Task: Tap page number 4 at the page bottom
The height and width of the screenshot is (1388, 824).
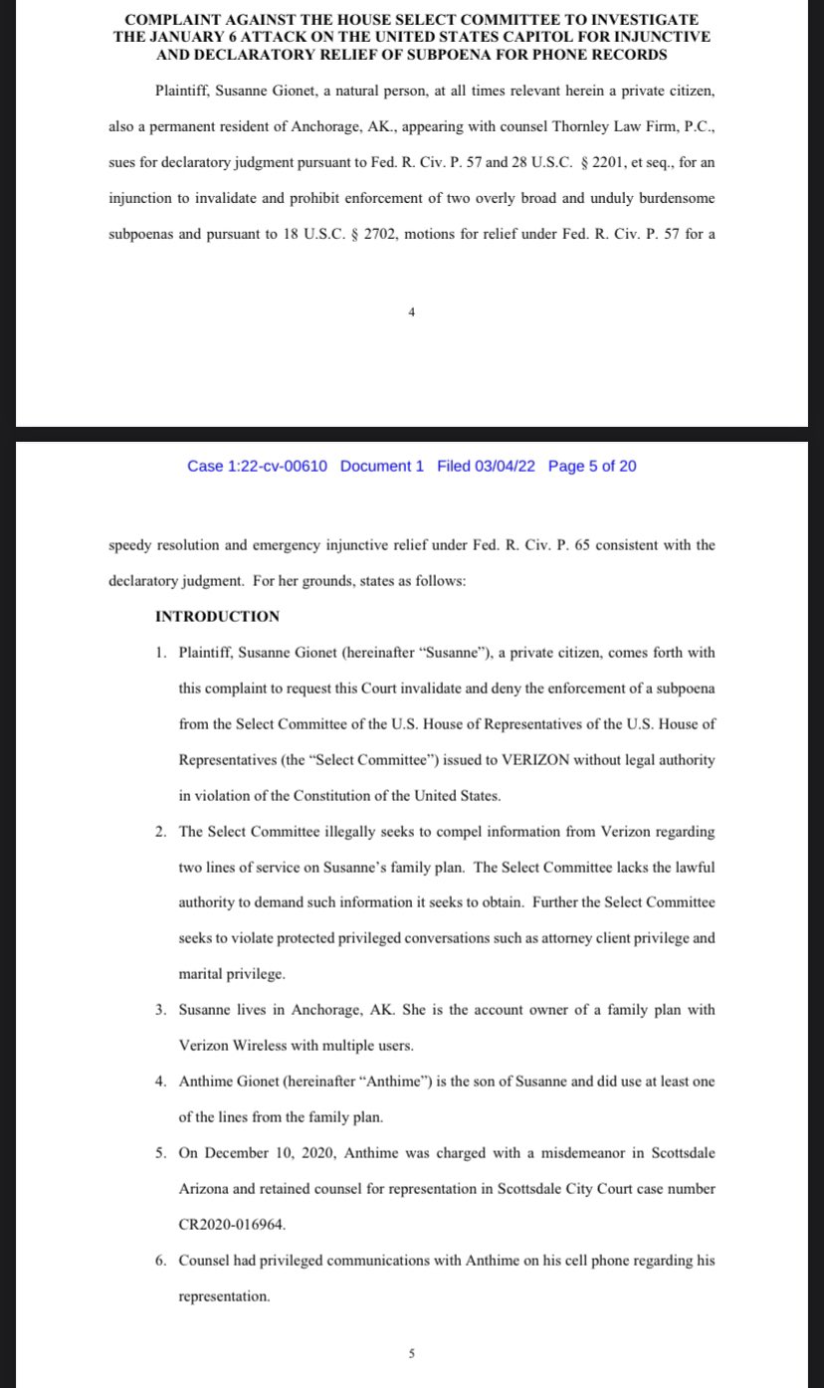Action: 412,312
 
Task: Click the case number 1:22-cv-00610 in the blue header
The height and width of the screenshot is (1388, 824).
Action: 258,466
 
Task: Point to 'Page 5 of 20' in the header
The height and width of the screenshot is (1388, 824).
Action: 592,466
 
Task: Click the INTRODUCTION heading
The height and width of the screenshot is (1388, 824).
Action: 218,617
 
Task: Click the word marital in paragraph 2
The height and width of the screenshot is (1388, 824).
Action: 204,973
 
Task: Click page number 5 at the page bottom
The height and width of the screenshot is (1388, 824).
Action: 412,1353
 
